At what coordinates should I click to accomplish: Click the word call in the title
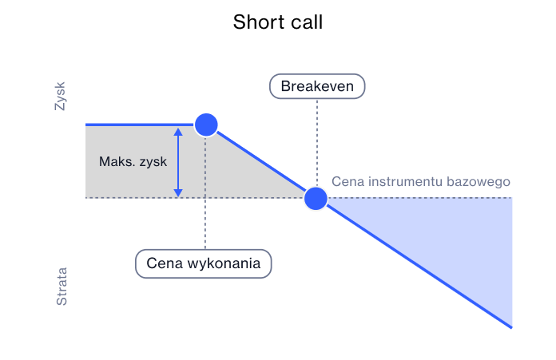point(306,22)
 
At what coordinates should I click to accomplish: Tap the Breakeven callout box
point(317,86)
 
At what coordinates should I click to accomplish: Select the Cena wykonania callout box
point(204,263)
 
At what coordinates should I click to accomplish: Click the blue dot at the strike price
point(206,125)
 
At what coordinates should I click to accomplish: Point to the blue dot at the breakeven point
point(316,197)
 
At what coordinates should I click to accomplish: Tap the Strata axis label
point(62,287)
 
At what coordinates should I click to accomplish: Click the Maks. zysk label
point(133,161)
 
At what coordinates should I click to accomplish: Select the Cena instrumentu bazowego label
point(420,181)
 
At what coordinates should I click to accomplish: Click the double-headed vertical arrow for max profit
point(178,161)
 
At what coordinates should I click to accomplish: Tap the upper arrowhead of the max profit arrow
point(178,130)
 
